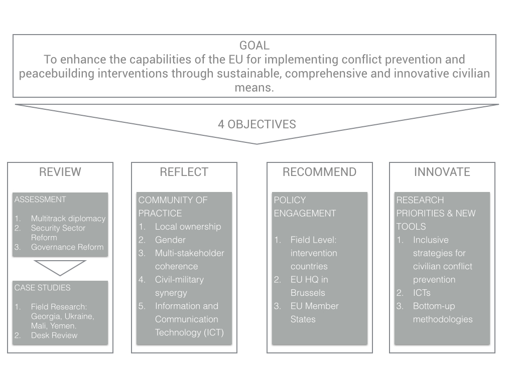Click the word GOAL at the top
point(254,46)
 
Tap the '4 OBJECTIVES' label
point(256,124)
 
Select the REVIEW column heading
point(60,172)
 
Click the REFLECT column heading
point(184,172)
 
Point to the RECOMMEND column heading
point(319,172)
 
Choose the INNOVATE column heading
point(442,172)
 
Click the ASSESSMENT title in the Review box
point(40,200)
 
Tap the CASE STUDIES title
point(42,288)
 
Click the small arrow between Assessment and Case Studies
point(60,267)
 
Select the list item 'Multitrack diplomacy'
point(68,219)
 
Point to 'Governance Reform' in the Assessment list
point(67,247)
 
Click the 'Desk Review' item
point(54,335)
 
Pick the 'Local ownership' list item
point(188,227)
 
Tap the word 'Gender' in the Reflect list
point(170,240)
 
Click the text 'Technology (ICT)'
point(189,332)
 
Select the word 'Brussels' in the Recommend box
point(308,293)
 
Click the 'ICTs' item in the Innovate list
point(422,293)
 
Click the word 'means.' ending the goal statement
point(254,88)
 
